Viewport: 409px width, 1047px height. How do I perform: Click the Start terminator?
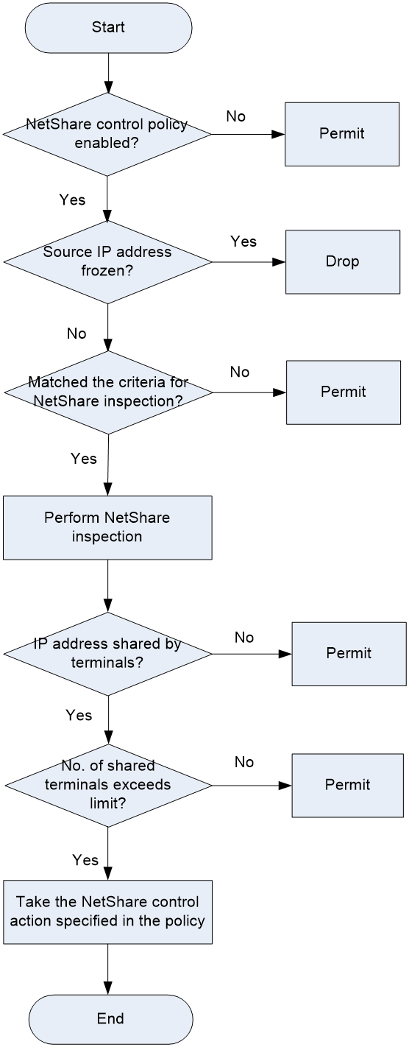(x=108, y=27)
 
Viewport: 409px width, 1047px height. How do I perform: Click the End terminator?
(x=110, y=1018)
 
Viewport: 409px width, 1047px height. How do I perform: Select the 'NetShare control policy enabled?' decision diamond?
(x=107, y=135)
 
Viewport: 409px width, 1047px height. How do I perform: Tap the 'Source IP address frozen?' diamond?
(x=108, y=262)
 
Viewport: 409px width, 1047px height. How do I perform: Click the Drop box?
(x=343, y=262)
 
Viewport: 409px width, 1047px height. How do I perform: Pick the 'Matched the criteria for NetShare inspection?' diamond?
(x=108, y=392)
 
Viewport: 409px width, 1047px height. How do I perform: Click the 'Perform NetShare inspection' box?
(x=107, y=528)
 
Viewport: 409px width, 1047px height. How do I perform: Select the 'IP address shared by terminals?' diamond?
(x=108, y=654)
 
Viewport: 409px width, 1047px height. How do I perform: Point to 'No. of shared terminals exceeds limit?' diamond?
(x=108, y=785)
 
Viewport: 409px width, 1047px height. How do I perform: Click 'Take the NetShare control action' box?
(x=108, y=912)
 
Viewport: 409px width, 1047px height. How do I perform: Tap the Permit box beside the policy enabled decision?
(x=342, y=134)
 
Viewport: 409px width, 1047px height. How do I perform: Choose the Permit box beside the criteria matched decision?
(x=344, y=392)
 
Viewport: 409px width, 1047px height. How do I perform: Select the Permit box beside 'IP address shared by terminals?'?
(x=349, y=654)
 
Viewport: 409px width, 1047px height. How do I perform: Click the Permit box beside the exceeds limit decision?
(x=348, y=785)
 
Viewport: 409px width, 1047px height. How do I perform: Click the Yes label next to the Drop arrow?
(x=243, y=242)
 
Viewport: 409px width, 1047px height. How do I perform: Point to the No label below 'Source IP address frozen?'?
(x=77, y=334)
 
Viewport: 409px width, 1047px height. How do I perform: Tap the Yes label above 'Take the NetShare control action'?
(x=85, y=860)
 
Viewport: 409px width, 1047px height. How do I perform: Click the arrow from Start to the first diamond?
(x=108, y=73)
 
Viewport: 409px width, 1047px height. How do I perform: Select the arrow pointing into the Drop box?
(x=249, y=262)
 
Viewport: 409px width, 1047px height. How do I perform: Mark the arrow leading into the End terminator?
(x=108, y=969)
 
